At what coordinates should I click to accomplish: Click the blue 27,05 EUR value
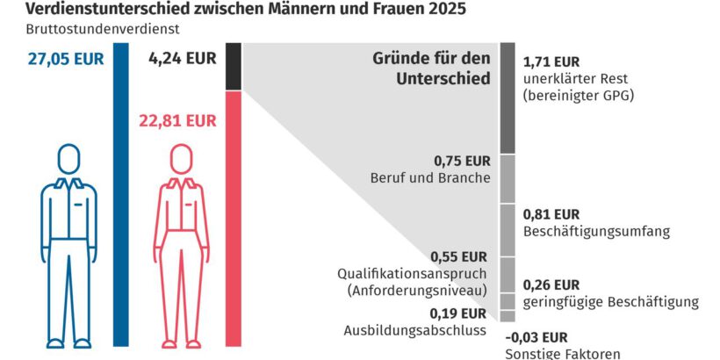click(x=66, y=61)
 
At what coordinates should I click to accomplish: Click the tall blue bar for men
click(x=120, y=193)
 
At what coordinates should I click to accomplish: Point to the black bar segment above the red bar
click(x=234, y=66)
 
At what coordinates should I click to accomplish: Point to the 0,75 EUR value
click(x=462, y=161)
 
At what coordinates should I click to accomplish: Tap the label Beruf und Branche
click(x=430, y=178)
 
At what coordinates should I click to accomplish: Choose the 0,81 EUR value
click(x=551, y=214)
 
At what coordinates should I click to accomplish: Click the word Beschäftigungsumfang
click(x=596, y=232)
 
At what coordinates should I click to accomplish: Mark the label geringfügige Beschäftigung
click(x=611, y=302)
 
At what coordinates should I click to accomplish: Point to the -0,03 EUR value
click(x=536, y=336)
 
